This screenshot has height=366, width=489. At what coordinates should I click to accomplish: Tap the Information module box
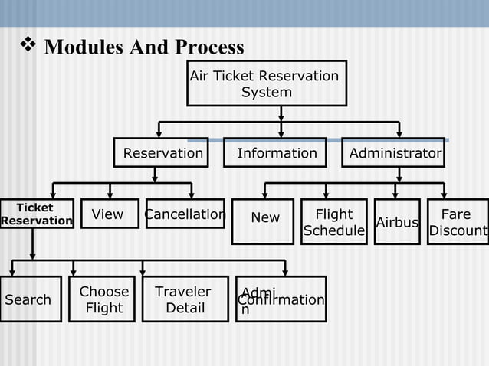pos(276,153)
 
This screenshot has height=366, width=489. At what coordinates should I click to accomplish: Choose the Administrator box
pos(393,153)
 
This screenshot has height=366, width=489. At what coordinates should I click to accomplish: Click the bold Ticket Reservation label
pos(35,214)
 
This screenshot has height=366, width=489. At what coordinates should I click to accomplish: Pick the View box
pos(110,214)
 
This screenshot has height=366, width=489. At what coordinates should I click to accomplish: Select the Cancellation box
pos(184,214)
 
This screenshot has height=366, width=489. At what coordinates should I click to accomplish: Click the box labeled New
pos(263,221)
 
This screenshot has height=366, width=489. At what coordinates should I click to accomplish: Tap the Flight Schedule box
pos(334,222)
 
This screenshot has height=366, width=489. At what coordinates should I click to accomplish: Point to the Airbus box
pos(397,222)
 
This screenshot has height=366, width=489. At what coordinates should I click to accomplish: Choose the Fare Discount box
pos(458,222)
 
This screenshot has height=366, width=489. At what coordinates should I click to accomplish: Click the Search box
pos(30,299)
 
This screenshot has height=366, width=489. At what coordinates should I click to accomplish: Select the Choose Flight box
pos(103,299)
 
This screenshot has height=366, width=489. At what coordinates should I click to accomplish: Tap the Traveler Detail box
pos(185,299)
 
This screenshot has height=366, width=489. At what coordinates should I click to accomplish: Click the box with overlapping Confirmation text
pos(281,299)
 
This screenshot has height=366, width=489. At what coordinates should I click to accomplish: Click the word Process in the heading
pos(210,47)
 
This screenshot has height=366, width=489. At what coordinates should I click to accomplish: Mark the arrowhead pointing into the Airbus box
pos(396,194)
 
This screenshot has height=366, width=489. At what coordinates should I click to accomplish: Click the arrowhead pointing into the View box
pos(110,194)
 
